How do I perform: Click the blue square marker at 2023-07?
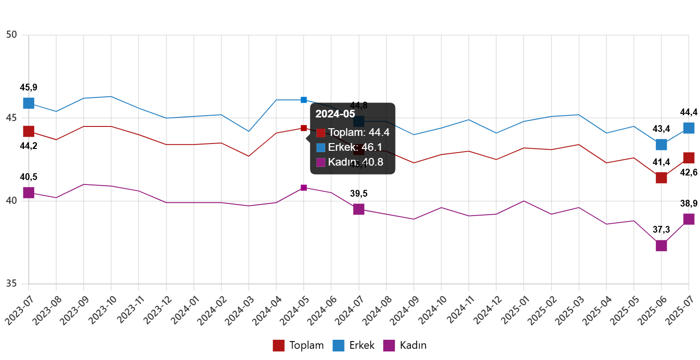point(29,103)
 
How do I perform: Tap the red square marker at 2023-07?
point(29,131)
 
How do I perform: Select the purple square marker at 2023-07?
point(29,193)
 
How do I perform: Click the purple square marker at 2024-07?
point(359,209)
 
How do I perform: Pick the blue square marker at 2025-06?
point(661,144)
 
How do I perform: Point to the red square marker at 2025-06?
point(661,178)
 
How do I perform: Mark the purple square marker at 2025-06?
point(661,246)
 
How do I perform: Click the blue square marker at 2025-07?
point(689,128)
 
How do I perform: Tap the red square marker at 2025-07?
point(689,158)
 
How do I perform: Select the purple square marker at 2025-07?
point(689,219)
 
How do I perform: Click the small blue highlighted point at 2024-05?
point(304,100)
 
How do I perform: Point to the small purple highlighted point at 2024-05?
point(304,188)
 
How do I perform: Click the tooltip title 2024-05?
point(335,114)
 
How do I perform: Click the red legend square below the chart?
point(278,346)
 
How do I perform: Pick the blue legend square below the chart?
point(338,346)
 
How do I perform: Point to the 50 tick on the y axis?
point(12,35)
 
